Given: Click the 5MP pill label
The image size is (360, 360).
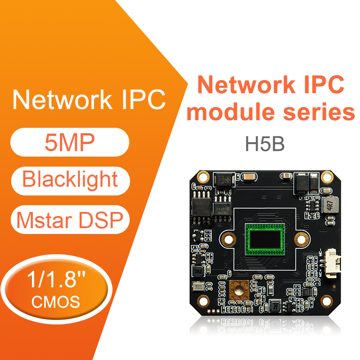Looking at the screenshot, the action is coord(70,142).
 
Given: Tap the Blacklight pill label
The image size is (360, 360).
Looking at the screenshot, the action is coord(70,181).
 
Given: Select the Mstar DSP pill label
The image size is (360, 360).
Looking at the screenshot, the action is coord(70,220).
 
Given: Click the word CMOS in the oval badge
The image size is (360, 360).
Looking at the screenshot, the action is coord(56,301).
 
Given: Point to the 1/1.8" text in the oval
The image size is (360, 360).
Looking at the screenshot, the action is coord(56,279).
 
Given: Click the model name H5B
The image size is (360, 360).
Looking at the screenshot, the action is coord(265,144).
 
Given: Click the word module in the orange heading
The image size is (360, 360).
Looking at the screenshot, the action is coord(231,112).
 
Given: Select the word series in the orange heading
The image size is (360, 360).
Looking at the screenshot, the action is coord(319,112).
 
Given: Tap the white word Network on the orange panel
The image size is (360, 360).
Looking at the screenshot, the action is coord(62,99).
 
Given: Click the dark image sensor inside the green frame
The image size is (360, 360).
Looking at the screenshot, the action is coord(265,239).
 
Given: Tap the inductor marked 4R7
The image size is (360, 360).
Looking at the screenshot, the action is coord(330,205).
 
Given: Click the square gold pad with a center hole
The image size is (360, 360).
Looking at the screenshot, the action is coord(239,290).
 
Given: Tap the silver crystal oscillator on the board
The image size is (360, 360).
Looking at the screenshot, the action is coord(198,287).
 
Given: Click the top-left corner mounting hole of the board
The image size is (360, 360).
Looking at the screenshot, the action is coord(203,177).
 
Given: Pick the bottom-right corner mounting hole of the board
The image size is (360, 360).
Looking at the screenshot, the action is coord(327,301).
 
